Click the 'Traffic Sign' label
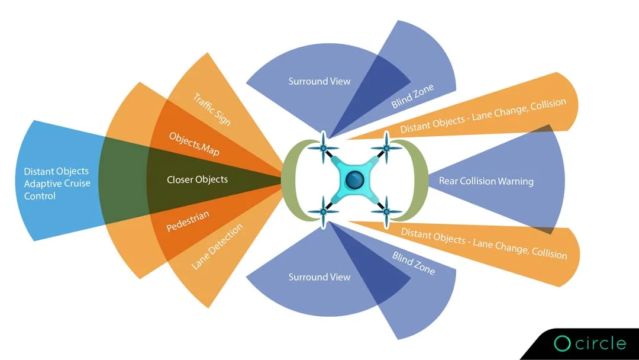[212, 108]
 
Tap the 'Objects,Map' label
[194, 143]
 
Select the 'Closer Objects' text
[197, 179]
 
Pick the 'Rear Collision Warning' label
[486, 181]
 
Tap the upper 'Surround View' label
[319, 81]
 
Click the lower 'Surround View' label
[319, 277]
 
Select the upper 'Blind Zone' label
[412, 96]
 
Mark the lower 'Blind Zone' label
[414, 263]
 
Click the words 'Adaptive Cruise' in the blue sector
[57, 184]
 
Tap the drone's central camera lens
[354, 179]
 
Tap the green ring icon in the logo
[561, 343]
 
